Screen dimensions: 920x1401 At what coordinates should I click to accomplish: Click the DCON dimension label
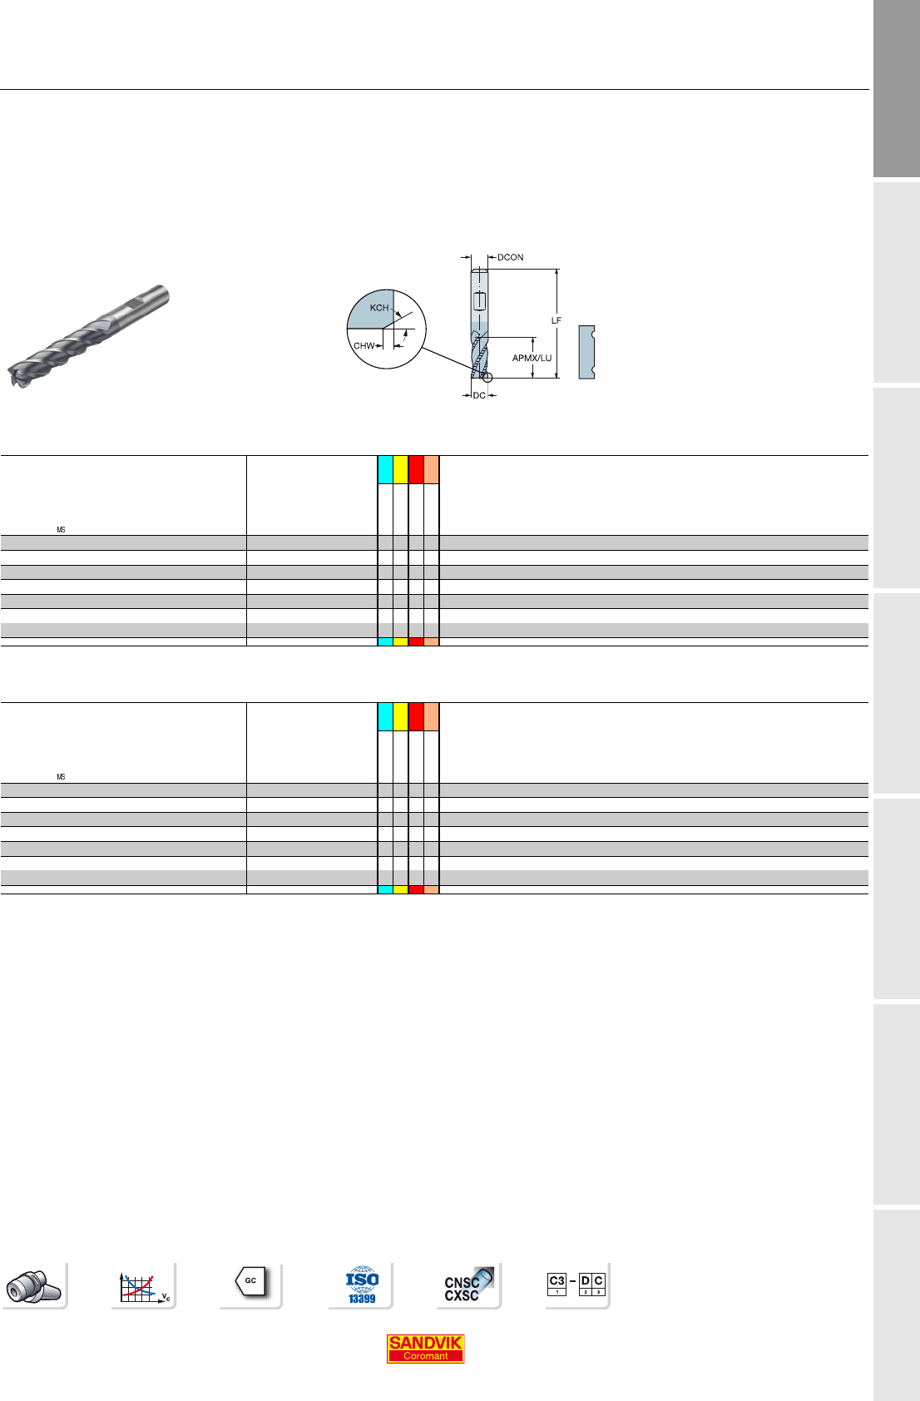tap(511, 257)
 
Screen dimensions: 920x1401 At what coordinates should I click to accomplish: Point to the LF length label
tap(556, 320)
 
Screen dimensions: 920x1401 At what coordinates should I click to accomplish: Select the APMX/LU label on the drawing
tap(532, 358)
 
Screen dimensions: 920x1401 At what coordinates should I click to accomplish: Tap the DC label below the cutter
tap(479, 395)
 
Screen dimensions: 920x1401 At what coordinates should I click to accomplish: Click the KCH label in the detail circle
tap(379, 308)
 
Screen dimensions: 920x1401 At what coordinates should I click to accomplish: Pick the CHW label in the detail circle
tap(364, 346)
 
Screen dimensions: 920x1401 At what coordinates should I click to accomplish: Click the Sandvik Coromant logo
tap(425, 1349)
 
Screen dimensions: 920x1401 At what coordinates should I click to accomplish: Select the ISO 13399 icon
tap(362, 1285)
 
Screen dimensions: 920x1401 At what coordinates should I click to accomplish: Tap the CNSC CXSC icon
tap(468, 1285)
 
